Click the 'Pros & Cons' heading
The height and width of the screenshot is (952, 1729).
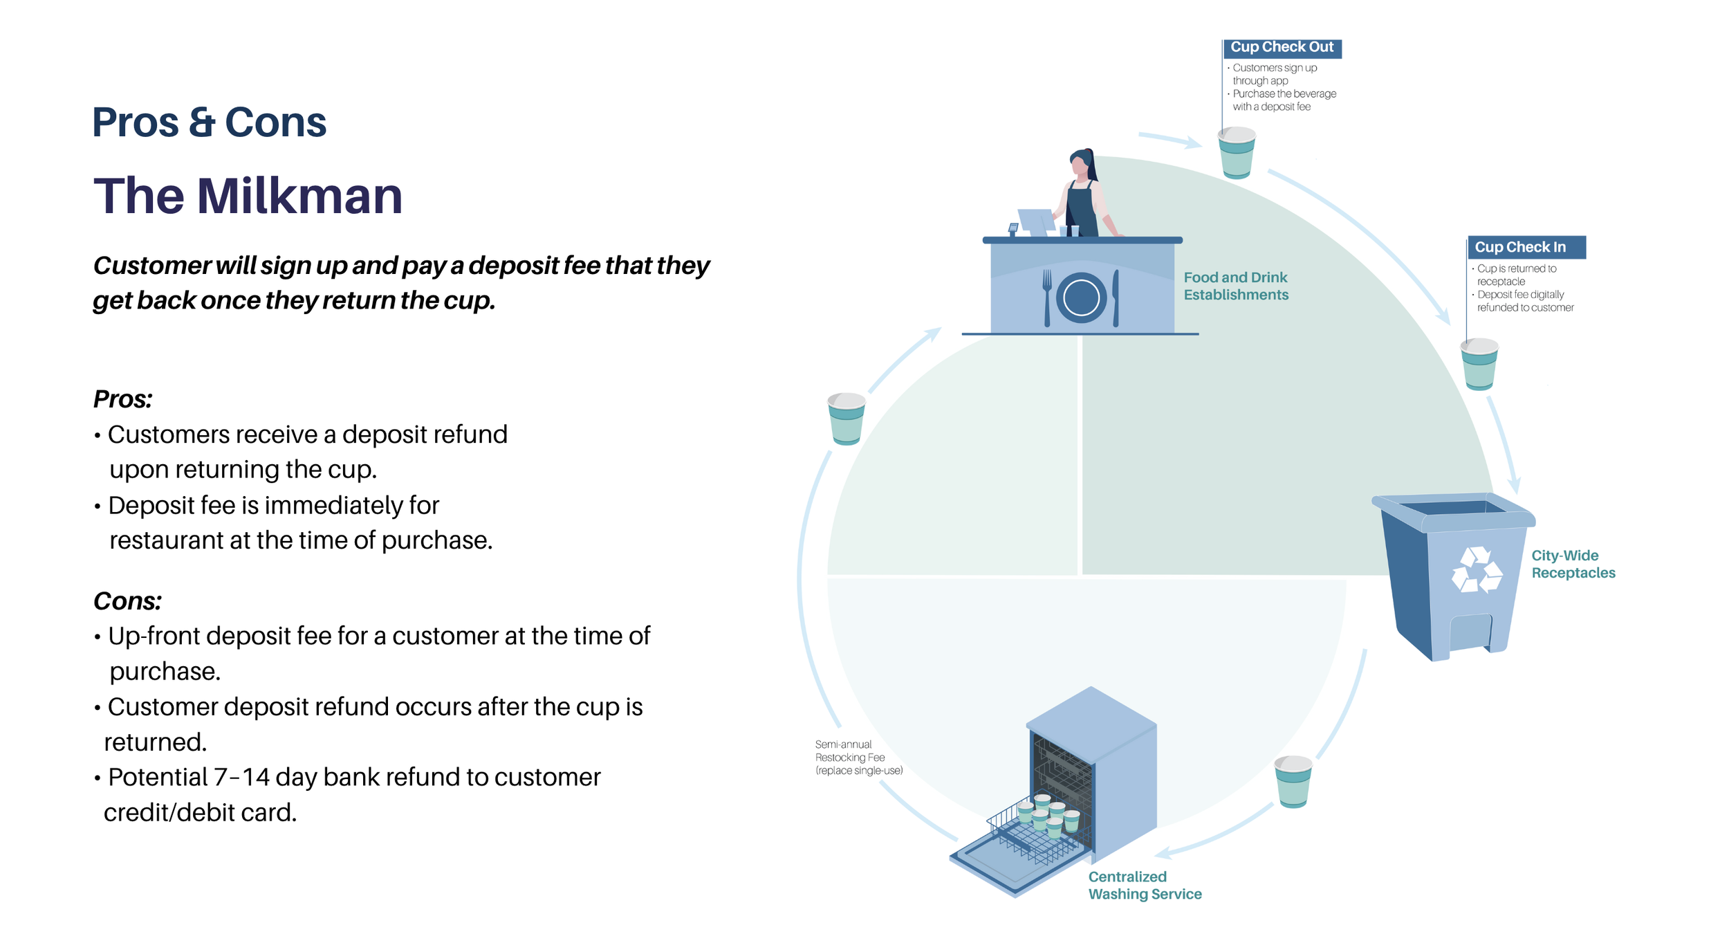(x=209, y=122)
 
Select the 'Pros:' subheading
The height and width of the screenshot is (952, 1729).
(x=122, y=399)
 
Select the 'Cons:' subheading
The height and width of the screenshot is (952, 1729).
(x=127, y=601)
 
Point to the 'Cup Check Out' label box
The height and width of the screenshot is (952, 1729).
(x=1282, y=48)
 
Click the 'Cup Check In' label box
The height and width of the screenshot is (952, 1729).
(x=1526, y=248)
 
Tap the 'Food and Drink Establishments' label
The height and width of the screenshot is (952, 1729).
(x=1236, y=286)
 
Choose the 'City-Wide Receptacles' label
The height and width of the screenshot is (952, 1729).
(x=1573, y=565)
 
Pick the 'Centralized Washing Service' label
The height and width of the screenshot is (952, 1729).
(x=1145, y=886)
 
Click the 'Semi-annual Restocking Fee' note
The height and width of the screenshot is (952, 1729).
(x=859, y=758)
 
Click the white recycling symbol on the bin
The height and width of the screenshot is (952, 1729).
(x=1477, y=571)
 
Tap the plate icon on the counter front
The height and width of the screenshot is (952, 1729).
(x=1081, y=298)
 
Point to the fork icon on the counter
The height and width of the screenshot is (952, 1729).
(x=1047, y=298)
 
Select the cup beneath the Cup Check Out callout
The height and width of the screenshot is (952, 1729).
(x=1237, y=153)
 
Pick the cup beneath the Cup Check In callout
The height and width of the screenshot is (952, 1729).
(x=1479, y=364)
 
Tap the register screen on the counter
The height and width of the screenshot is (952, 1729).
(x=1036, y=221)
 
